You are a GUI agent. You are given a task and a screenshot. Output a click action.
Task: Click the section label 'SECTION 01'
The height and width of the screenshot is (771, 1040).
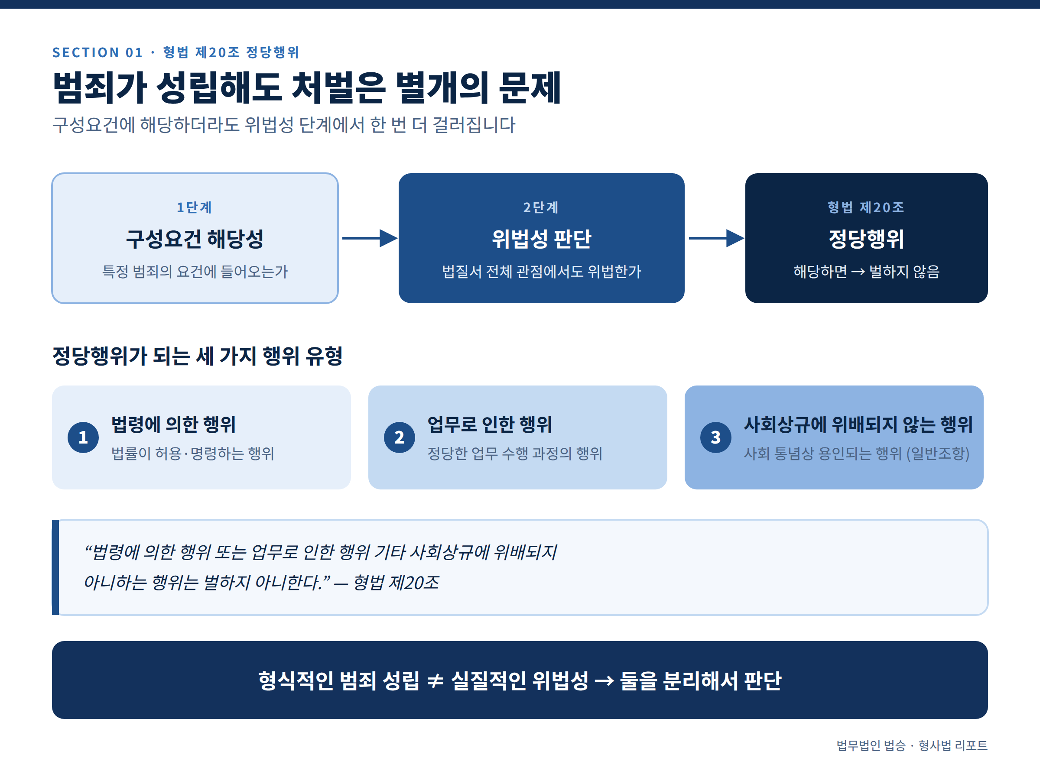(x=97, y=52)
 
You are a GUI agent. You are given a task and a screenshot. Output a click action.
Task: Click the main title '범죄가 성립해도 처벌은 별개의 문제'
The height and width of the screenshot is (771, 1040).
(x=307, y=88)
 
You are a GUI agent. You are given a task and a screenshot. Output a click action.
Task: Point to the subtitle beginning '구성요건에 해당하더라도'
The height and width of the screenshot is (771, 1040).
(x=284, y=125)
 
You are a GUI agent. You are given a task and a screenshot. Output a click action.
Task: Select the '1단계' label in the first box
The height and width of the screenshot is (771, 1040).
(x=194, y=207)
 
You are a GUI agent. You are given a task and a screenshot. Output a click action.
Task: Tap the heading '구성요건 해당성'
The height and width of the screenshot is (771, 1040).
(x=195, y=239)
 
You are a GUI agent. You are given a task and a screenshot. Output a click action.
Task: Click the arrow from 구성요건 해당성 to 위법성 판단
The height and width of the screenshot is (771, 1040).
(x=370, y=238)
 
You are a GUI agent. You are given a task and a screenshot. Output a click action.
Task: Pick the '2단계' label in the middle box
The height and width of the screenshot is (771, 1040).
(x=541, y=207)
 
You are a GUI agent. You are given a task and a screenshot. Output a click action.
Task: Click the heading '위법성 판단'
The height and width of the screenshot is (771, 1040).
(x=542, y=239)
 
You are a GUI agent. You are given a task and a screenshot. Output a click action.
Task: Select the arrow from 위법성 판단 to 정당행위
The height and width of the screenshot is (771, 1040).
(x=717, y=238)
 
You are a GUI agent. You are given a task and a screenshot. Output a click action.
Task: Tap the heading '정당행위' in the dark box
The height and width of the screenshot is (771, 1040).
(x=866, y=239)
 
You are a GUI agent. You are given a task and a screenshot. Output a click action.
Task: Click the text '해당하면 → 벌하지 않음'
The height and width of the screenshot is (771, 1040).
(x=866, y=272)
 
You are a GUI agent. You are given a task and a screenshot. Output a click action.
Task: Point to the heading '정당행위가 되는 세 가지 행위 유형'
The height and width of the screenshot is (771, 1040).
(x=198, y=356)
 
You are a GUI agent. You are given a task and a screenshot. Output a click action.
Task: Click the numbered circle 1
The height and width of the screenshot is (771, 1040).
(x=83, y=437)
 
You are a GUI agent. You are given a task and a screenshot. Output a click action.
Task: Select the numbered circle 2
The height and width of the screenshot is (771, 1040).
(x=400, y=437)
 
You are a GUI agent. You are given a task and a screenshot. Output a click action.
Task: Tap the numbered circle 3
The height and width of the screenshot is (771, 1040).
(x=715, y=437)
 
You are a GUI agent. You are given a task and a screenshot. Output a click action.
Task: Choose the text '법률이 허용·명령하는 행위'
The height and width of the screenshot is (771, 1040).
(x=193, y=454)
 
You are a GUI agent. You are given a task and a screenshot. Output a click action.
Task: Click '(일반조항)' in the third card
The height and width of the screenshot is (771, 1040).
(x=938, y=454)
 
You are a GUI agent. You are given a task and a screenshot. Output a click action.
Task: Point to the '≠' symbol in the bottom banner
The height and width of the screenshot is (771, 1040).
(x=435, y=681)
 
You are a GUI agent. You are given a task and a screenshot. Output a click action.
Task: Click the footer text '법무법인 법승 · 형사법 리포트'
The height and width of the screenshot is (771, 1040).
(x=912, y=745)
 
